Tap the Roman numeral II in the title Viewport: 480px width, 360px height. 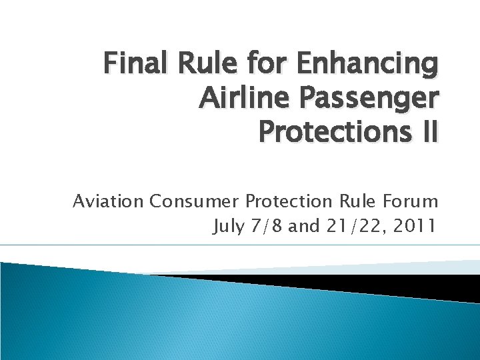427,131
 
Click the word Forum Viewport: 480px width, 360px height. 410,201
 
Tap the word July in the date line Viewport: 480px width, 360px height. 227,227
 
